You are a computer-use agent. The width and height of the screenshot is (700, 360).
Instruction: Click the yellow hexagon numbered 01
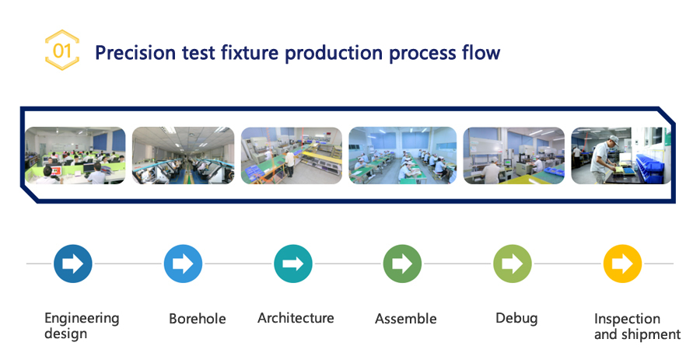coord(62,50)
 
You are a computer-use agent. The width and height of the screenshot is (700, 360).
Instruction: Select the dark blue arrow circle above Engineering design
coord(73,264)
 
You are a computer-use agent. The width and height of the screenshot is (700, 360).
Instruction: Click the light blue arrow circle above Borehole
coord(183,264)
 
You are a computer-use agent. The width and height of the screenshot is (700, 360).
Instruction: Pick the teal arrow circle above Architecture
coord(293,264)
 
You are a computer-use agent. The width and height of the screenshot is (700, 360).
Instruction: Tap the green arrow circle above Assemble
coord(402,264)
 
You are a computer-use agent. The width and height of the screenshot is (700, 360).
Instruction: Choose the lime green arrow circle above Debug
coord(513,264)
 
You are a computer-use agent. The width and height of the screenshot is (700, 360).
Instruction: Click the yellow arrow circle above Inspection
coord(622,264)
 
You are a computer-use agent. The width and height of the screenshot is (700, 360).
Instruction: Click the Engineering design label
coord(82,326)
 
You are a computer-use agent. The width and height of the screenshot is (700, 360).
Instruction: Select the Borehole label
coord(198,319)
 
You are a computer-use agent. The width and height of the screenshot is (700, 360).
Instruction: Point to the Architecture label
coord(296,317)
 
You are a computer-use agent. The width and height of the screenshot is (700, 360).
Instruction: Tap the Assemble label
coord(406,319)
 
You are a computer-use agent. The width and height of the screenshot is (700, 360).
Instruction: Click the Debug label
coord(516,319)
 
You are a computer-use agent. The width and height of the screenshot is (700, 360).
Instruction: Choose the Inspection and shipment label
coord(637,327)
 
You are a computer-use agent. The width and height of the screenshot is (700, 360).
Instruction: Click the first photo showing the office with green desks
coord(75,156)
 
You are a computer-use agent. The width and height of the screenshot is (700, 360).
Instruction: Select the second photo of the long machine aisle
coord(183,156)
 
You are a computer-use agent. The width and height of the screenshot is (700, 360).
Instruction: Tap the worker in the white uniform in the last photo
coord(605,159)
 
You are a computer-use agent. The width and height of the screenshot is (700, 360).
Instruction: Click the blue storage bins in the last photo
coord(653,168)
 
